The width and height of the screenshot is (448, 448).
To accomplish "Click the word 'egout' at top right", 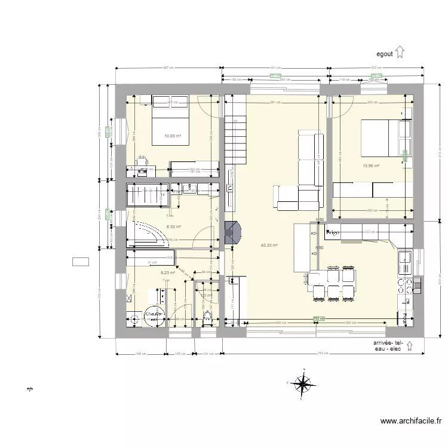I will (x=384, y=53).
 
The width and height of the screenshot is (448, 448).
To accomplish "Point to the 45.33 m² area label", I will (x=268, y=245).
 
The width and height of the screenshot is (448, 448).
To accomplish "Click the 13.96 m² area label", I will (x=371, y=165).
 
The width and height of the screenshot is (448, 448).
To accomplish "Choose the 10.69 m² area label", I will (x=173, y=136).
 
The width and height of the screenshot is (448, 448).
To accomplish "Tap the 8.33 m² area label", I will (x=173, y=226).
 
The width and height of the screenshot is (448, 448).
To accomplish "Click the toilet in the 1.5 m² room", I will (x=208, y=316).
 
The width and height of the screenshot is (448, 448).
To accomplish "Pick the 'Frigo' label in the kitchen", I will (x=333, y=232).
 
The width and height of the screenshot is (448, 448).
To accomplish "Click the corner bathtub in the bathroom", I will (x=147, y=234).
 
